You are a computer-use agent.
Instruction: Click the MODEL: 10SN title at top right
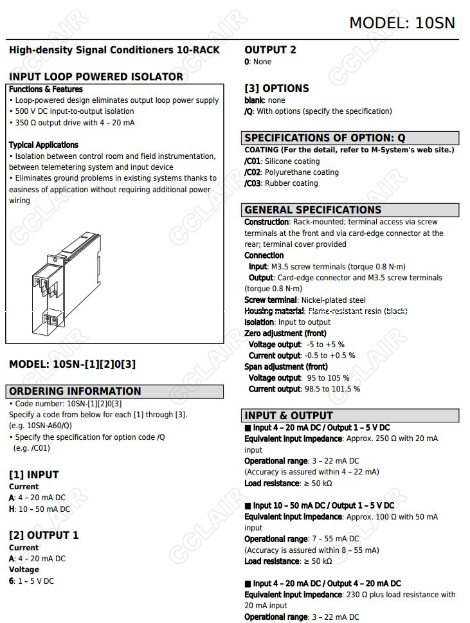pyautogui.click(x=402, y=23)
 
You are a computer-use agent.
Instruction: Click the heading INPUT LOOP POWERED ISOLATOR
pyautogui.click(x=96, y=77)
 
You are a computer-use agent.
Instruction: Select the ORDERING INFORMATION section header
pyautogui.click(x=75, y=391)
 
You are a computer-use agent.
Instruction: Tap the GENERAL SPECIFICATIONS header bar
pyautogui.click(x=312, y=210)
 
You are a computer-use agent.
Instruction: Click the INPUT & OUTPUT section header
pyautogui.click(x=288, y=415)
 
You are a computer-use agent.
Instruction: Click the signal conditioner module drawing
pyautogui.click(x=67, y=283)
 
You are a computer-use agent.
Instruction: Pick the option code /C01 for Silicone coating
pyautogui.click(x=253, y=161)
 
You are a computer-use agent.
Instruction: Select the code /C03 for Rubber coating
pyautogui.click(x=253, y=183)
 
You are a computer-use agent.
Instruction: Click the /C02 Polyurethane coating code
pyautogui.click(x=253, y=172)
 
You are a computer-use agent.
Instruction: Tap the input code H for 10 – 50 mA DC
pyautogui.click(x=12, y=509)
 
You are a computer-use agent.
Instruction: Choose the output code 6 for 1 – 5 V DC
pyautogui.click(x=12, y=581)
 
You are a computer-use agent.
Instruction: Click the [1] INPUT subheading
pyautogui.click(x=33, y=474)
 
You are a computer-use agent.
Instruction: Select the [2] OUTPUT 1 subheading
pyautogui.click(x=44, y=535)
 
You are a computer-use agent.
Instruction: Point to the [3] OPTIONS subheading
pyautogui.click(x=276, y=88)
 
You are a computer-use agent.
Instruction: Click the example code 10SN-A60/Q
pyautogui.click(x=48, y=426)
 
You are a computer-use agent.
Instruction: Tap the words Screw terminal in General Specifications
pyautogui.click(x=271, y=300)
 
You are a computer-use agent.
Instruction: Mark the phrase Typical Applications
pyautogui.click(x=44, y=145)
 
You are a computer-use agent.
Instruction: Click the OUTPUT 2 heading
pyautogui.click(x=270, y=50)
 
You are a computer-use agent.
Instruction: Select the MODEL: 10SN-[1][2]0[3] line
pyautogui.click(x=72, y=364)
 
